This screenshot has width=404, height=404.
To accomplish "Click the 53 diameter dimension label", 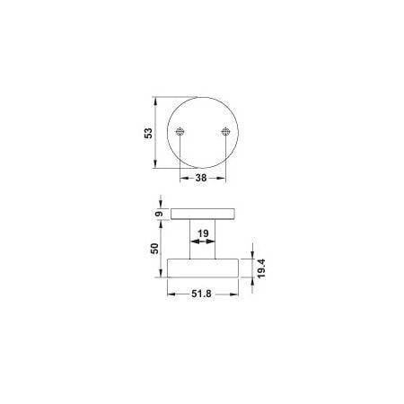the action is (x=148, y=133).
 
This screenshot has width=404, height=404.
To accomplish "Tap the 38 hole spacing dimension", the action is (x=201, y=178).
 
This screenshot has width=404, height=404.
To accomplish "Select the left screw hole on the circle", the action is (x=180, y=131).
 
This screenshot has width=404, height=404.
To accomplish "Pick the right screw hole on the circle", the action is (x=225, y=131).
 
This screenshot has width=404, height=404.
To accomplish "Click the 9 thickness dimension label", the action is (x=160, y=214).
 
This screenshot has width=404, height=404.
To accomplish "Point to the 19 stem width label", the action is (x=203, y=233).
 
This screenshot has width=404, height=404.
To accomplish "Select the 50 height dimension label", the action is (x=154, y=249).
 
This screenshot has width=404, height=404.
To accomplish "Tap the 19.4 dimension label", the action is (x=261, y=268).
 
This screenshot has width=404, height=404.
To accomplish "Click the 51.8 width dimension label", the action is (x=201, y=294).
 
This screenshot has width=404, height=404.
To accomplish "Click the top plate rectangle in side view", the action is (x=202, y=214).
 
